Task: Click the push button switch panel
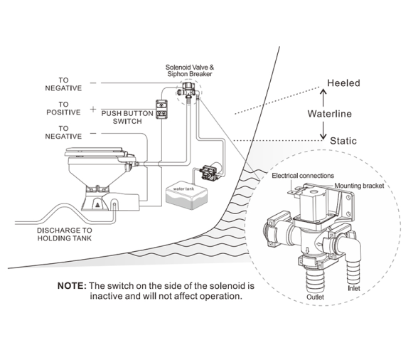[x=162, y=110]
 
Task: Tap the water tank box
[x=186, y=196]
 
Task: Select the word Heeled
[x=343, y=83]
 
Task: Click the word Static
[x=343, y=141]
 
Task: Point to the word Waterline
[x=330, y=114]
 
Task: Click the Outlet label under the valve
[x=315, y=297]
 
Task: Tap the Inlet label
[x=354, y=288]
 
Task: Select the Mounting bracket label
[x=359, y=186]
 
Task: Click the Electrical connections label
[x=303, y=176]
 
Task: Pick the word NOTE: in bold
[x=72, y=286]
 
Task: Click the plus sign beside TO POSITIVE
[x=93, y=109]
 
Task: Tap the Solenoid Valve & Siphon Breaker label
[x=190, y=70]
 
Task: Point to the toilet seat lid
[x=95, y=152]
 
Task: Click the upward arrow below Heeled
[x=323, y=98]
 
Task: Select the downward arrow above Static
[x=323, y=130]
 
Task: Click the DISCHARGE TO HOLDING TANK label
[x=65, y=234]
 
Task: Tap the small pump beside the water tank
[x=209, y=172]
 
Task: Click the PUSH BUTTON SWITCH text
[x=127, y=117]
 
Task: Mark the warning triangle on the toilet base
[x=97, y=205]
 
